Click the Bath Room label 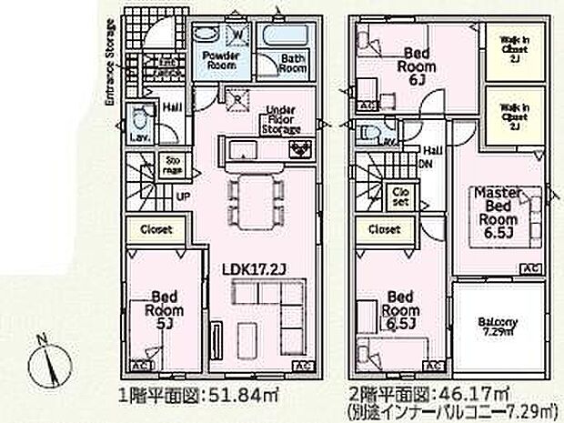coord(292,63)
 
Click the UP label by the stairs coord(182,195)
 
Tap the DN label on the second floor coord(425,164)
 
